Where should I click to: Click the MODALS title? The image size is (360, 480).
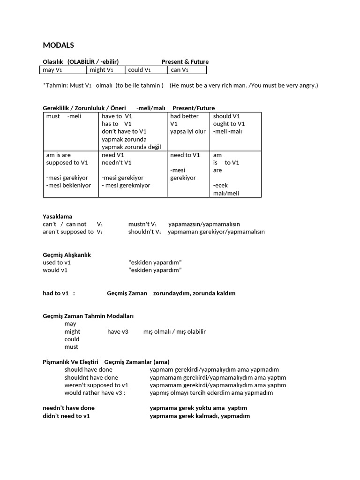(x=58, y=45)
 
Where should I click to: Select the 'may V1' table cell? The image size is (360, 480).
(x=52, y=70)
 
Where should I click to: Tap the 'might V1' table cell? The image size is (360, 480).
(x=101, y=70)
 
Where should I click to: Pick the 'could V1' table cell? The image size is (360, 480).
(x=139, y=70)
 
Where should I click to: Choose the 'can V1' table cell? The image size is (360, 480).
(x=180, y=70)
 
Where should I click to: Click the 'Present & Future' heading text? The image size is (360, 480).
(x=185, y=61)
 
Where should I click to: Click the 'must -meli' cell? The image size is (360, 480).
(x=64, y=116)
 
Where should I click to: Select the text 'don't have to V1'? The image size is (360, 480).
(x=124, y=132)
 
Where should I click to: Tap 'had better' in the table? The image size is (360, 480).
(x=184, y=116)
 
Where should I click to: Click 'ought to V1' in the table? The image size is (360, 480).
(x=229, y=124)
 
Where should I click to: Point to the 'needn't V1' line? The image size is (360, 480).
(x=117, y=163)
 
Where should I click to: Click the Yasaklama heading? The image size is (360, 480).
(x=58, y=217)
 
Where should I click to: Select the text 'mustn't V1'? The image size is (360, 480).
(x=142, y=224)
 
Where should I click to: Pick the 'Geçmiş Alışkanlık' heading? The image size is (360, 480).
(x=67, y=255)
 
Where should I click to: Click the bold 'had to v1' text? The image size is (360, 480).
(x=56, y=293)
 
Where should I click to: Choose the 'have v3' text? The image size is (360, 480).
(x=118, y=331)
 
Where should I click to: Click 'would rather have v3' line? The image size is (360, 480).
(x=95, y=393)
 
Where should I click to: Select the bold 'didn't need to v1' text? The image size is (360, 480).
(x=66, y=416)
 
